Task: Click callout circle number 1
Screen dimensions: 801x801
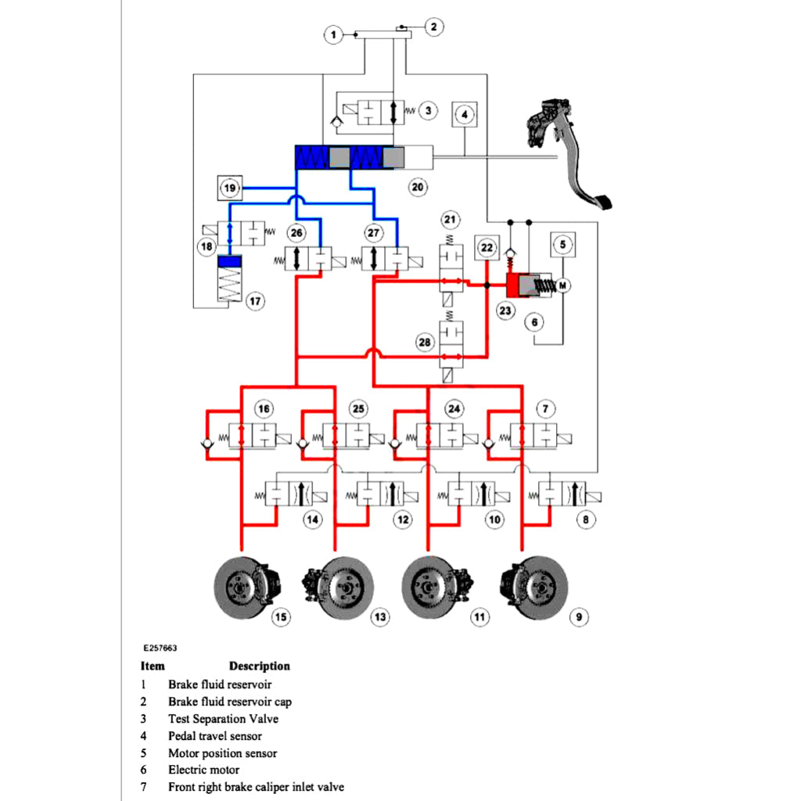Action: click(334, 34)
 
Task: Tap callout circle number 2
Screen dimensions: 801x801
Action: click(434, 27)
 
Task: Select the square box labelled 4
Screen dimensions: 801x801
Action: click(465, 114)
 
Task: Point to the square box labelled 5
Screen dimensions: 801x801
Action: click(562, 245)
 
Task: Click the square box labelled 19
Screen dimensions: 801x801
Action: click(229, 188)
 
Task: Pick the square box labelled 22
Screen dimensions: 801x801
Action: click(487, 248)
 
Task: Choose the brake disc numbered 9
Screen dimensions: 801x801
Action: click(534, 585)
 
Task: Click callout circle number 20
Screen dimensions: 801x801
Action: click(418, 188)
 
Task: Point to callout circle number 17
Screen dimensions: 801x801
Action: click(253, 300)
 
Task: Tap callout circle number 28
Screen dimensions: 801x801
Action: click(425, 343)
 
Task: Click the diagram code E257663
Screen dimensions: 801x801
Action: click(160, 648)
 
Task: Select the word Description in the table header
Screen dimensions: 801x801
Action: click(259, 666)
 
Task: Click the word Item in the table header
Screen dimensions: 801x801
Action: click(153, 666)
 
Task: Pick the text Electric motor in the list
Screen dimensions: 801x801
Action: click(204, 770)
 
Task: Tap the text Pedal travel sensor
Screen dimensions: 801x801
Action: click(214, 736)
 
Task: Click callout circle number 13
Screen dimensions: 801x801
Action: click(379, 617)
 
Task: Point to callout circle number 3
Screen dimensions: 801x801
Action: click(428, 110)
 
